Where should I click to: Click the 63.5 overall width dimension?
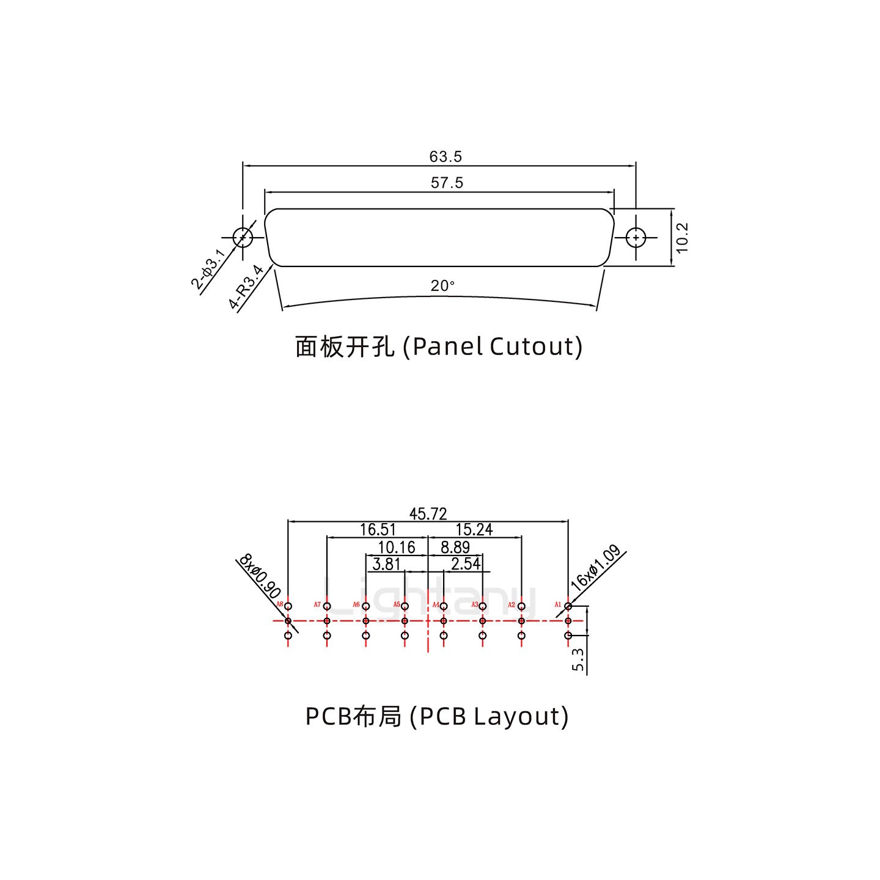(446, 157)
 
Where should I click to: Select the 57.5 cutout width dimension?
(447, 183)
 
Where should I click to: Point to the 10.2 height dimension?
(683, 237)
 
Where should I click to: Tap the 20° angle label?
(442, 286)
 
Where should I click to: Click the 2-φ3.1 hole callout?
(208, 269)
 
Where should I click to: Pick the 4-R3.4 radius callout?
(246, 287)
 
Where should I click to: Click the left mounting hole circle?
(243, 237)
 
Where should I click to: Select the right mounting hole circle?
(636, 237)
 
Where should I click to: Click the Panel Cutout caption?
(439, 346)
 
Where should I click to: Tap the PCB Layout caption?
(437, 716)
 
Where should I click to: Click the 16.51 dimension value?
(378, 530)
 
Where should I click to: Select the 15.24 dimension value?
(474, 530)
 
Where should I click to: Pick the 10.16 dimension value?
(397, 548)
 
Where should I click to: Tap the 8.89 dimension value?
(455, 548)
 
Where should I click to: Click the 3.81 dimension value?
(386, 564)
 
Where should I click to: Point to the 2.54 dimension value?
(466, 564)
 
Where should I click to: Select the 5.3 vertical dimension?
(578, 660)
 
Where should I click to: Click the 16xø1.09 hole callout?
(595, 568)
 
